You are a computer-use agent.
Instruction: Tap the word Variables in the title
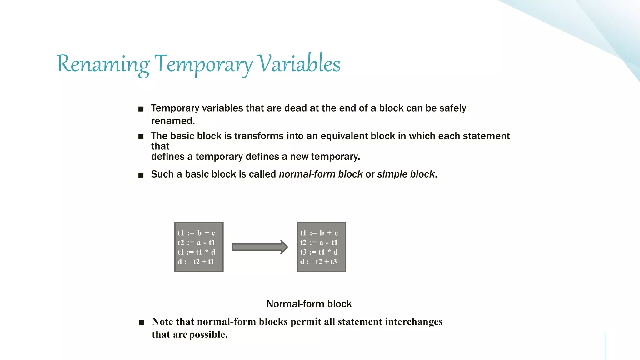(x=299, y=64)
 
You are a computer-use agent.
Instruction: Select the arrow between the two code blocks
(x=260, y=247)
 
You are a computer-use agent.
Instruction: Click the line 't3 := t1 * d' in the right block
(x=319, y=252)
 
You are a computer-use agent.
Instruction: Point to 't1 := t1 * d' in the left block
(x=196, y=252)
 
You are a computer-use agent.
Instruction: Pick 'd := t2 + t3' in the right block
(x=318, y=262)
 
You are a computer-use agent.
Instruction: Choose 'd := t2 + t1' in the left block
(x=196, y=262)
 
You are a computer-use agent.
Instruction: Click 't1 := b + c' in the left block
(x=196, y=233)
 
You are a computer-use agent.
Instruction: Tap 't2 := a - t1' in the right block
(x=319, y=243)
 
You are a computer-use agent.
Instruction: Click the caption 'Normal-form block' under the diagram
(x=309, y=304)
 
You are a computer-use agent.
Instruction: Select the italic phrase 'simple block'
(x=406, y=174)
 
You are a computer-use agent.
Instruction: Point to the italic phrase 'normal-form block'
(x=321, y=174)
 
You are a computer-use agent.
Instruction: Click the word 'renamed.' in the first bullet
(x=173, y=121)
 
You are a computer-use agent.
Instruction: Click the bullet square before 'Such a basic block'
(x=141, y=175)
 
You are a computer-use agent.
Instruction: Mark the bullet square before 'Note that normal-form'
(x=142, y=322)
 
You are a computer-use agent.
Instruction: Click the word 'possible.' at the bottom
(x=208, y=335)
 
